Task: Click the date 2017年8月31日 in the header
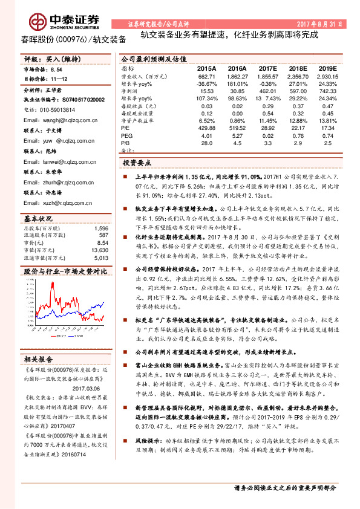tap(324, 24)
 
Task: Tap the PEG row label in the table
tap(126, 136)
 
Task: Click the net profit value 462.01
tap(267, 90)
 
